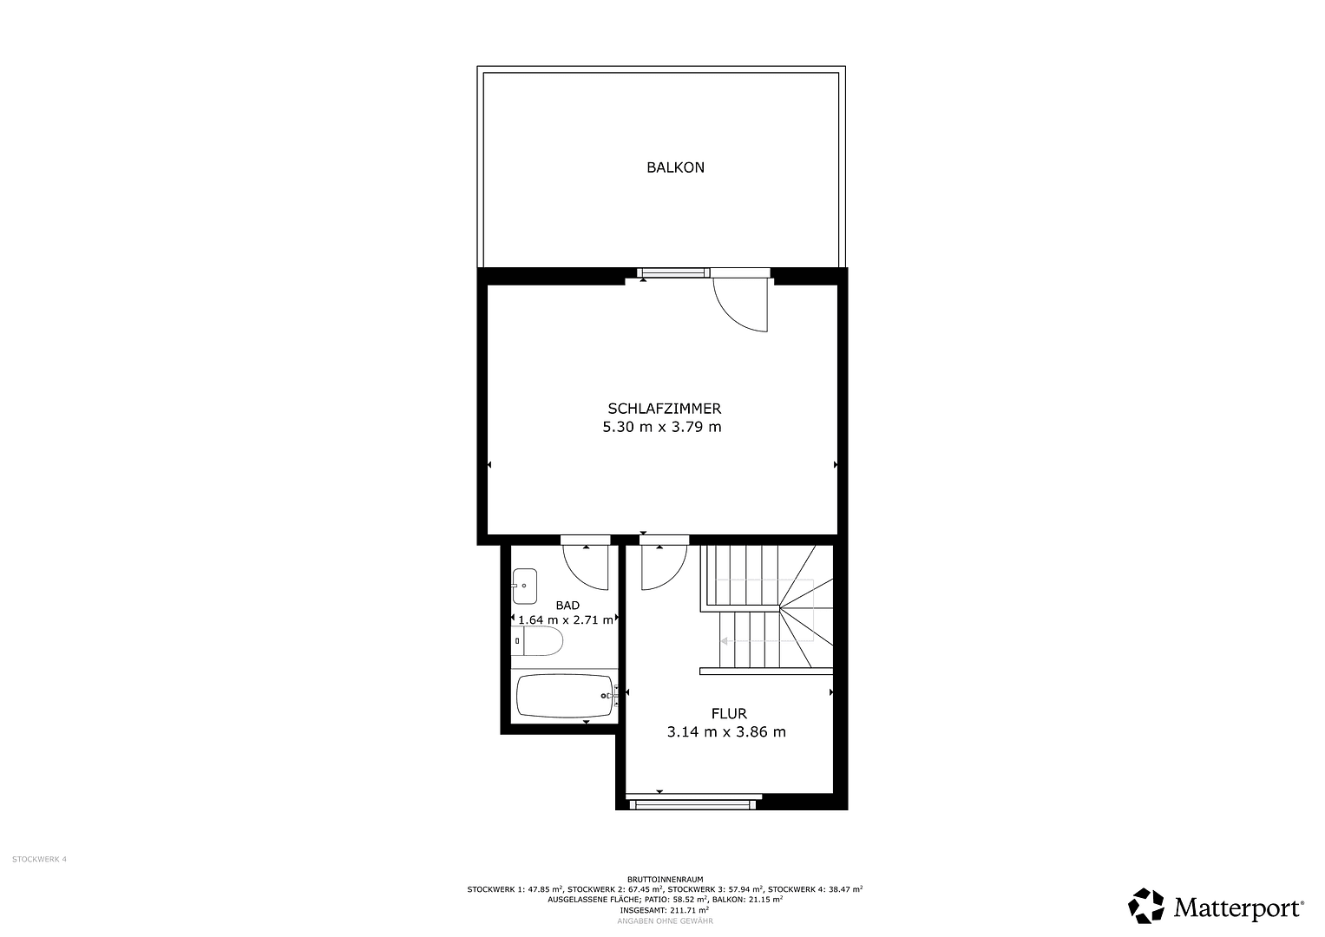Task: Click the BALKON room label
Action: (x=675, y=167)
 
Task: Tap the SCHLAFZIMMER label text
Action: (x=664, y=409)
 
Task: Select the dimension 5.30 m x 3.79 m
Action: (x=662, y=427)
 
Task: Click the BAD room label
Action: (x=567, y=606)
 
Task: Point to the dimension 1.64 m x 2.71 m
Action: (x=567, y=620)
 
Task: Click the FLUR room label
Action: (x=729, y=714)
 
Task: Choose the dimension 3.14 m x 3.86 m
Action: (x=726, y=732)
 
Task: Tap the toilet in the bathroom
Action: (x=540, y=642)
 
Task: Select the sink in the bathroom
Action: (x=524, y=586)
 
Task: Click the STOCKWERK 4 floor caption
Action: (x=39, y=859)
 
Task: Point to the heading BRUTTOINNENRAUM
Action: (x=665, y=879)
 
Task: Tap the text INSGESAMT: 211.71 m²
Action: (x=665, y=910)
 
